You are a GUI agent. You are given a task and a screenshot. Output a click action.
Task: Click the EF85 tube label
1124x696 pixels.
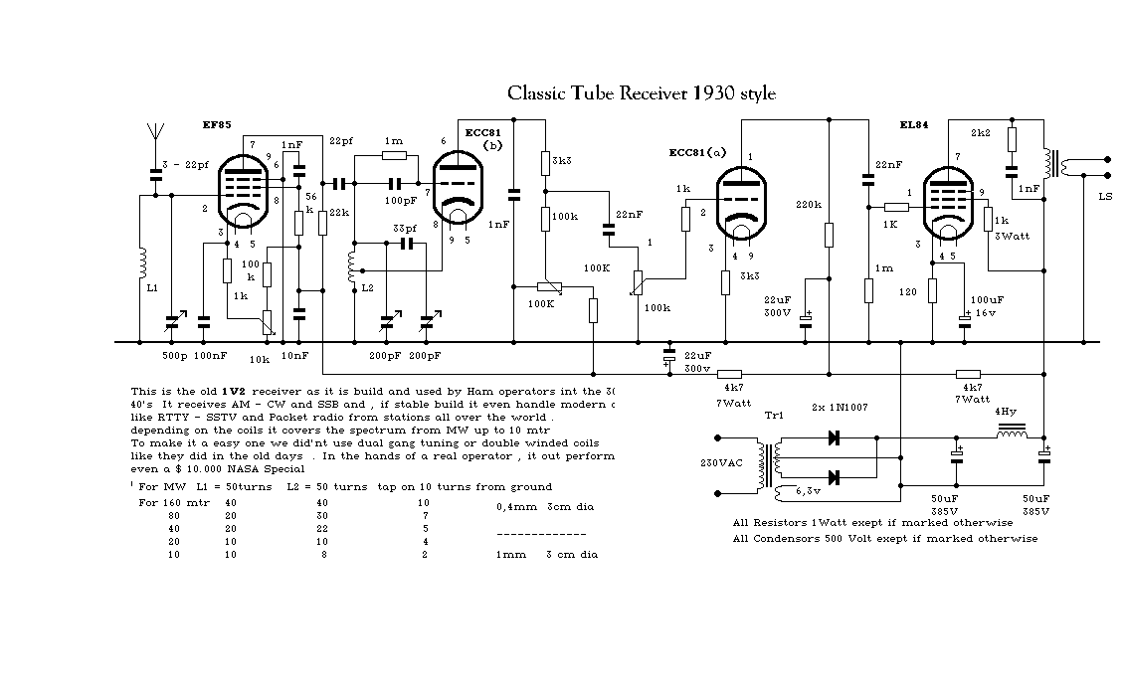216,125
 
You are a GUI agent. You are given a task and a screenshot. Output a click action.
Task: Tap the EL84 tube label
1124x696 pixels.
915,126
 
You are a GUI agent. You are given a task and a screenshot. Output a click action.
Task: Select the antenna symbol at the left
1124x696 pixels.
154,133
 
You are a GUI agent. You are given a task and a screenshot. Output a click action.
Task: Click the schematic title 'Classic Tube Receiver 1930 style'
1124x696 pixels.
642,93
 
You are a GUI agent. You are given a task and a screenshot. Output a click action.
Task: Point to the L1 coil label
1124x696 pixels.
152,287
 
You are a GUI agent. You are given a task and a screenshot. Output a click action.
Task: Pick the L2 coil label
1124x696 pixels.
367,287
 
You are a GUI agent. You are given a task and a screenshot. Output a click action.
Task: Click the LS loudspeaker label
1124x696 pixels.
1105,197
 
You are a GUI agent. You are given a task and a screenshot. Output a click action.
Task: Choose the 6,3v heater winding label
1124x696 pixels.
811,490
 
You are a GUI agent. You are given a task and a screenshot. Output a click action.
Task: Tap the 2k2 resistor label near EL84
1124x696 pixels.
981,132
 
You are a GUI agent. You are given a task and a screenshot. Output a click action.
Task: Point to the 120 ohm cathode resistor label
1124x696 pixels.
908,294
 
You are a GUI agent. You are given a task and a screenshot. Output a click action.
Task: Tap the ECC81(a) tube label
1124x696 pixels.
697,152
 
